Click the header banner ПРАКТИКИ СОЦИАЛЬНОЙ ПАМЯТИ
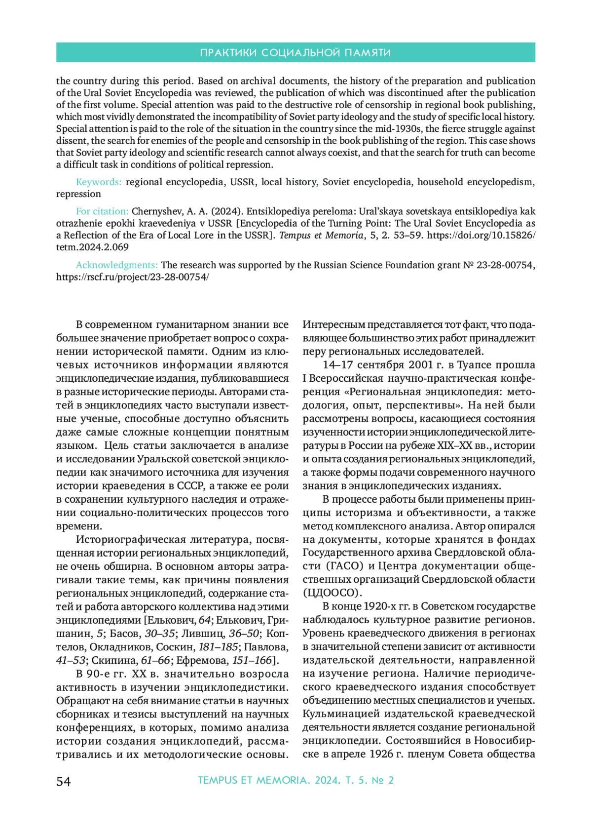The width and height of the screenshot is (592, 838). [x=296, y=52]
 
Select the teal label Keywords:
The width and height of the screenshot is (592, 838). [x=99, y=182]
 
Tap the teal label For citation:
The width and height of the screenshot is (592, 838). [x=102, y=211]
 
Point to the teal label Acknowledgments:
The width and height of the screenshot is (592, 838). [x=116, y=265]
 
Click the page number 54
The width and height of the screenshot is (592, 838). [x=64, y=781]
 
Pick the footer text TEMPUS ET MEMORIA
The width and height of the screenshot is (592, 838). [x=252, y=780]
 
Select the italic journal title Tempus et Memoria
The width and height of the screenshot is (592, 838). [x=321, y=236]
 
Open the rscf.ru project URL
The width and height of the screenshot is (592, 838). [x=132, y=277]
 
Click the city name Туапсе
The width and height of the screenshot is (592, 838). [x=474, y=365]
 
